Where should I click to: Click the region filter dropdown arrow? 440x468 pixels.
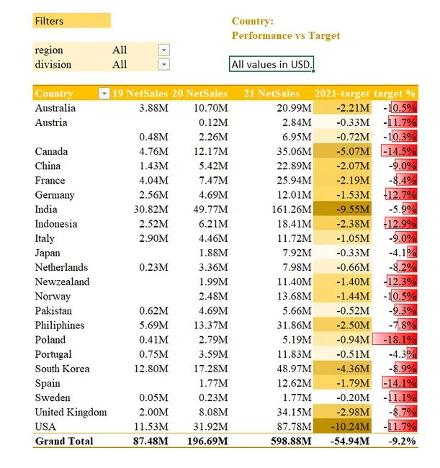tap(163, 50)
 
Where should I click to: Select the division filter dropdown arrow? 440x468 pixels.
tap(163, 64)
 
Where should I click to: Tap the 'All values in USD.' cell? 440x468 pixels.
tap(272, 65)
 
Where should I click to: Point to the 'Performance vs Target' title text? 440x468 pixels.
tap(286, 35)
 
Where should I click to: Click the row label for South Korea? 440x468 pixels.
tap(63, 369)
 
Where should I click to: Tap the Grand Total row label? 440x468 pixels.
tap(64, 441)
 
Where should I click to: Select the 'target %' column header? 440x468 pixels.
tap(395, 94)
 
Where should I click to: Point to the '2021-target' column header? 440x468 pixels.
tap(342, 94)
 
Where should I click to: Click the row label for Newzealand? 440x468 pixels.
tap(63, 282)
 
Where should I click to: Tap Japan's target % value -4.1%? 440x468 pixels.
tap(400, 253)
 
